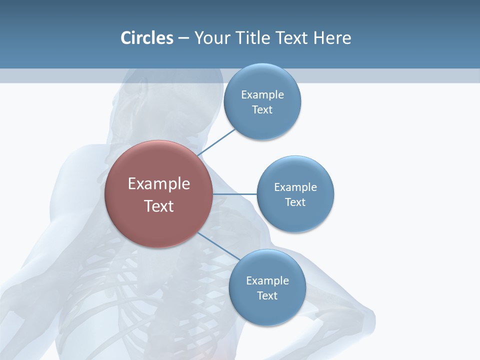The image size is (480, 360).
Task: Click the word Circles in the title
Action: point(146,38)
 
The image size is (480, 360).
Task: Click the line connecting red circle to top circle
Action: point(217,142)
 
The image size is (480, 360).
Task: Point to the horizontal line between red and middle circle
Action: point(235,194)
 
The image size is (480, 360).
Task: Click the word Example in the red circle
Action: point(158,183)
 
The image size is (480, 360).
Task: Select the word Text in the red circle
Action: point(158,206)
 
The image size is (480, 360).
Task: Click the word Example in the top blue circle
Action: point(262,94)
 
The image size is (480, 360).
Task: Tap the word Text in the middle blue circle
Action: point(295,202)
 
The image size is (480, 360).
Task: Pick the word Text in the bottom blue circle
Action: point(267,295)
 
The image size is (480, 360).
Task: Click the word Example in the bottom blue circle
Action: point(267,280)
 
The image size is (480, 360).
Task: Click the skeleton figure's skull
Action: point(150,100)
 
